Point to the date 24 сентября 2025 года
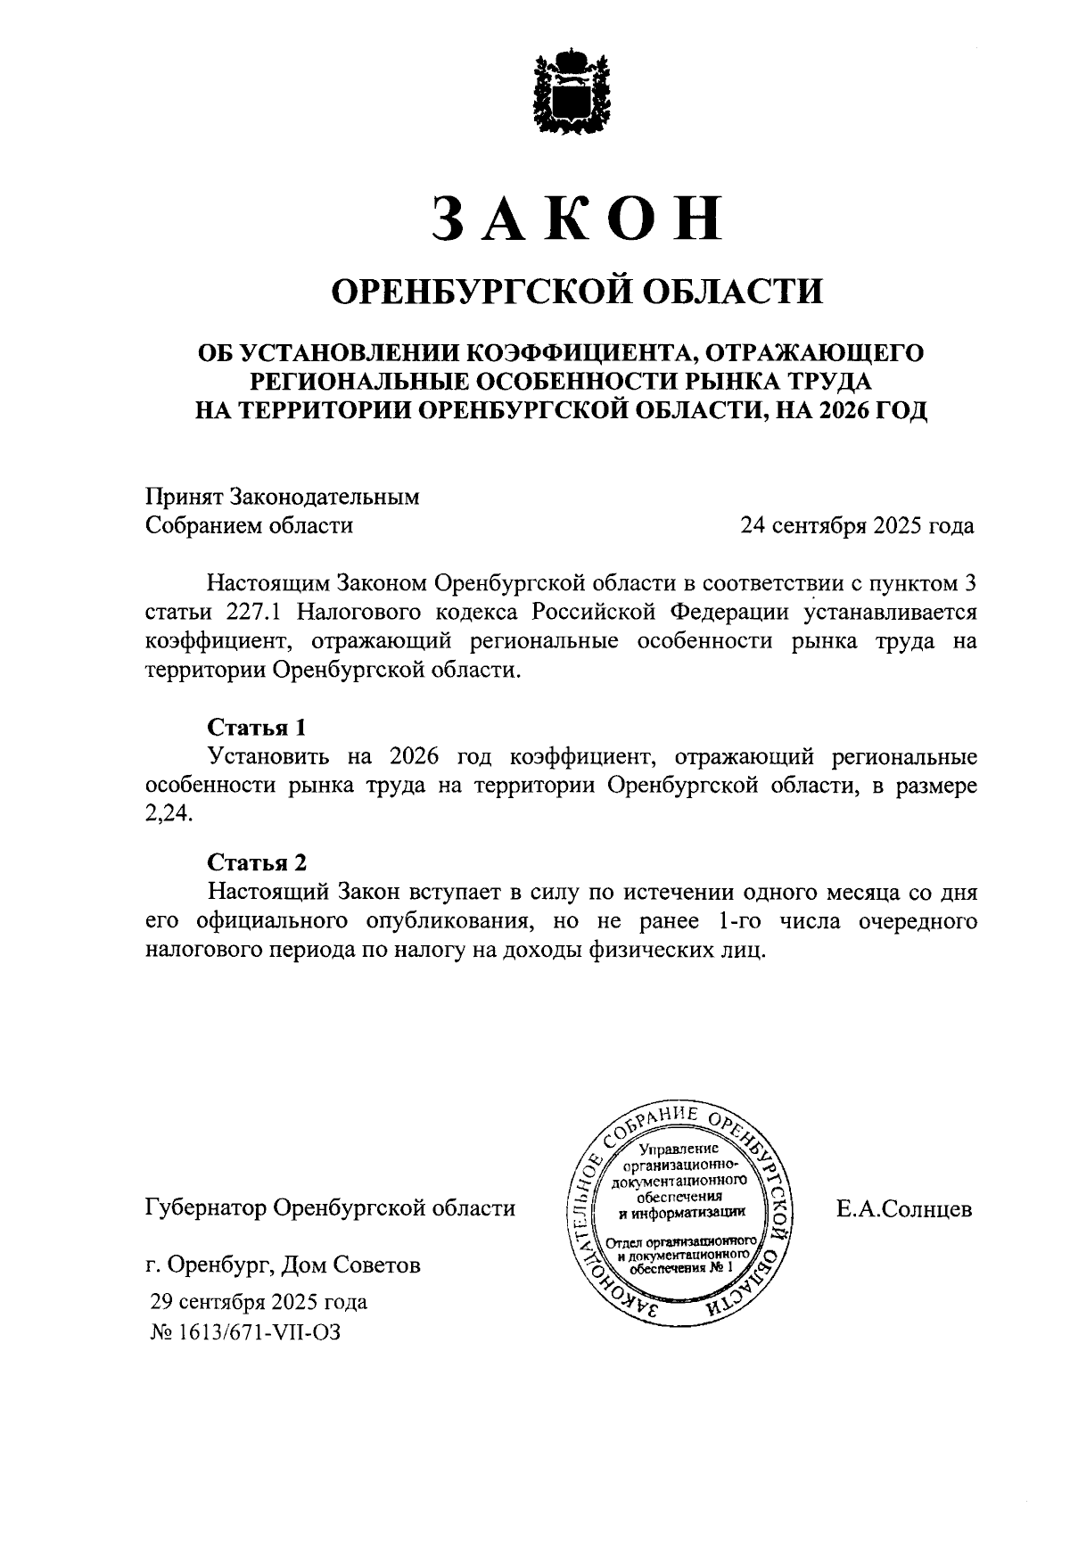tap(856, 525)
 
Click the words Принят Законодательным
tap(282, 497)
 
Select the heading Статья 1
tap(257, 728)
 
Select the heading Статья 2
tap(257, 862)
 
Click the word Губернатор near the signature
tap(204, 1209)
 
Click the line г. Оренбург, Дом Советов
tap(283, 1265)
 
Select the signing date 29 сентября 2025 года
tap(259, 1302)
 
